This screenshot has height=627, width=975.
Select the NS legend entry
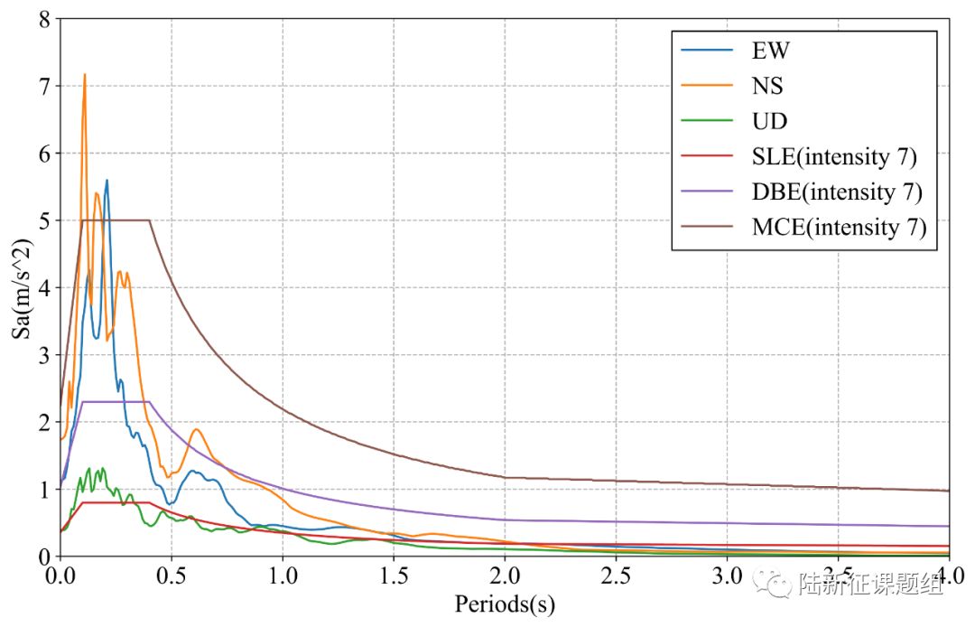(x=767, y=86)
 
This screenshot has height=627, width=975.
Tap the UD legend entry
(x=769, y=121)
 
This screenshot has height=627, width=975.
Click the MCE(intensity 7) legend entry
(x=839, y=227)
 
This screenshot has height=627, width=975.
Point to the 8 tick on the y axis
(x=42, y=19)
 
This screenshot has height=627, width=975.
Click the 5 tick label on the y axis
(x=42, y=220)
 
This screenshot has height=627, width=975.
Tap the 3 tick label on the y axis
(x=42, y=355)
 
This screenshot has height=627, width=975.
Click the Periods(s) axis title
(x=505, y=604)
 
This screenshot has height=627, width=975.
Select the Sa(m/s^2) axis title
(x=19, y=287)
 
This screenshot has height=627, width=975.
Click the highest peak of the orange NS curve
(x=85, y=75)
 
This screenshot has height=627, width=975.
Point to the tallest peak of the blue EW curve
(x=107, y=181)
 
